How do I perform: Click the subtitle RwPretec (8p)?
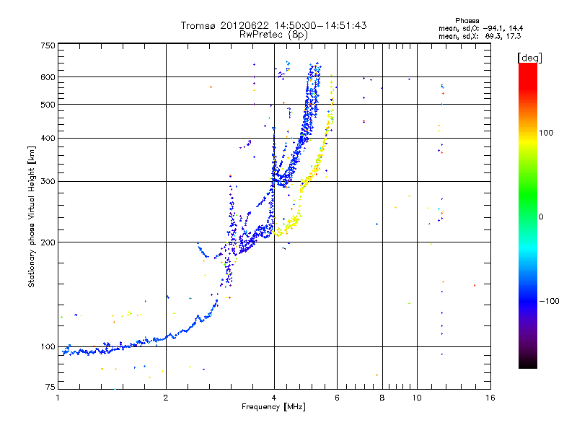coord(273,35)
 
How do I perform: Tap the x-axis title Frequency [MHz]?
coord(273,407)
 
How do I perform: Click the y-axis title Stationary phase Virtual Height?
coord(31,217)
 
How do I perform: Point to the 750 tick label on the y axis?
coord(48,45)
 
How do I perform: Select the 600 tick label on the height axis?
coord(48,77)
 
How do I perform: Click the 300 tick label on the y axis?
coord(48,182)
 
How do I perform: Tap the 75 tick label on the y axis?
coord(50,387)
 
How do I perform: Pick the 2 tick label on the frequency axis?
coord(166,398)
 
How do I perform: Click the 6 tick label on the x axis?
coord(337,398)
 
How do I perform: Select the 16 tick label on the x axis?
coord(490,398)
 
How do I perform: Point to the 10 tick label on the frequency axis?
coord(417,398)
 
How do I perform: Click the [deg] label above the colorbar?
coord(529,58)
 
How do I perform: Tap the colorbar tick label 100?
coord(546,133)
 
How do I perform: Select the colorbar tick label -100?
coord(549,301)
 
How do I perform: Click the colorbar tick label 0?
coord(541,217)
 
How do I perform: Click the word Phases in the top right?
coord(467,21)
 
